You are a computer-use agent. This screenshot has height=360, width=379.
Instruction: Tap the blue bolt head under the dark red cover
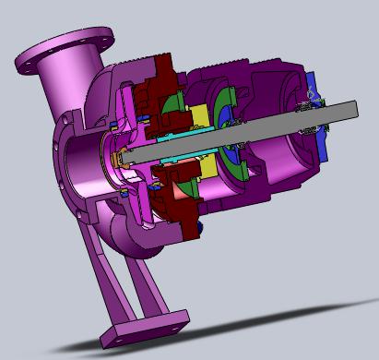click(196, 224)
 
